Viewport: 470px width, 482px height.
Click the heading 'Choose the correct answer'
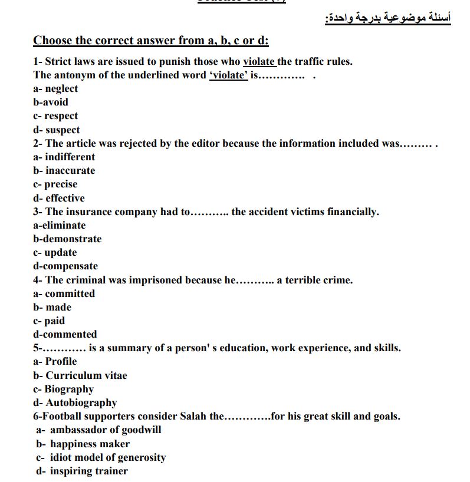click(151, 41)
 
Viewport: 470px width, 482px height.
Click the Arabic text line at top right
click(387, 18)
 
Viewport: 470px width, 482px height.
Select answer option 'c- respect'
click(55, 116)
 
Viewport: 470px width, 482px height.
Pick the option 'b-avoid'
click(51, 102)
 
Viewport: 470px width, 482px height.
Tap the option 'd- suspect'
click(57, 130)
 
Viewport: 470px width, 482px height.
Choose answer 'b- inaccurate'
click(64, 170)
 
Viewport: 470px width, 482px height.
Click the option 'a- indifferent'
click(64, 157)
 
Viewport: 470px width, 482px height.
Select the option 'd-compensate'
click(65, 266)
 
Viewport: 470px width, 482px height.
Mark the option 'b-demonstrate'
click(67, 239)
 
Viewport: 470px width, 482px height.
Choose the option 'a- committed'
click(64, 293)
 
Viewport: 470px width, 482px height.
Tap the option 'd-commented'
click(65, 334)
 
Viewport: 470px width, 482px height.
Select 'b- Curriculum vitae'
click(80, 375)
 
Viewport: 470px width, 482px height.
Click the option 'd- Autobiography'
click(75, 402)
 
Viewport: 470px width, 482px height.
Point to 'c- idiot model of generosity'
click(101, 457)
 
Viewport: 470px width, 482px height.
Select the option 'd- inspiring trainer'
click(82, 471)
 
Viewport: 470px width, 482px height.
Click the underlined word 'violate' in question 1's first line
click(259, 61)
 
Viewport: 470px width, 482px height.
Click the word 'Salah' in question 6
click(193, 416)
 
